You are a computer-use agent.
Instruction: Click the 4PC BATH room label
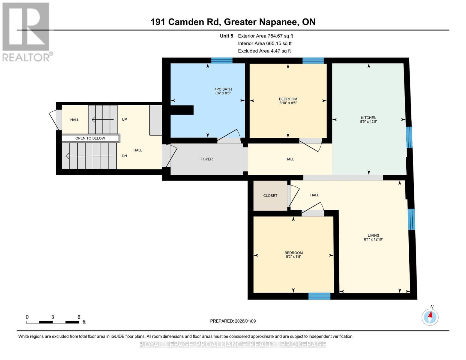tap(223, 89)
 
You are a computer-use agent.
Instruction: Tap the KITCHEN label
tap(368, 118)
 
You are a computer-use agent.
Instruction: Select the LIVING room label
tap(374, 235)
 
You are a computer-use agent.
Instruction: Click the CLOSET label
tap(270, 196)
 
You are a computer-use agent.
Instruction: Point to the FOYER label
tap(206, 159)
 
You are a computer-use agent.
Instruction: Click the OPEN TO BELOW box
tap(90, 138)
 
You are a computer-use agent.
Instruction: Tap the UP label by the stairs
tap(124, 119)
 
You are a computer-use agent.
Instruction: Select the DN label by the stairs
tap(124, 156)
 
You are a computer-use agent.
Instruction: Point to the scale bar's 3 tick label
tap(53, 317)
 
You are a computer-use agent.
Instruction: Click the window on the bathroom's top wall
tap(222, 60)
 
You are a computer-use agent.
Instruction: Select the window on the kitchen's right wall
tap(409, 137)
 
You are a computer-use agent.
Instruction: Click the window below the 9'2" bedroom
tap(319, 296)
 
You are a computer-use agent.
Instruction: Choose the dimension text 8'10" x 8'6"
tap(288, 103)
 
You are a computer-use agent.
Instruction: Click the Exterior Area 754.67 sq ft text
tap(265, 36)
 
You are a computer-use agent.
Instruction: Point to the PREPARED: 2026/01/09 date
tap(233, 321)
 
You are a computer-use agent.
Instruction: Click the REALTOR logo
tap(26, 31)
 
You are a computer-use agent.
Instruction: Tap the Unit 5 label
tap(226, 36)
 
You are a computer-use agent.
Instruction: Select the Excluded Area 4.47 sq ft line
tap(264, 51)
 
